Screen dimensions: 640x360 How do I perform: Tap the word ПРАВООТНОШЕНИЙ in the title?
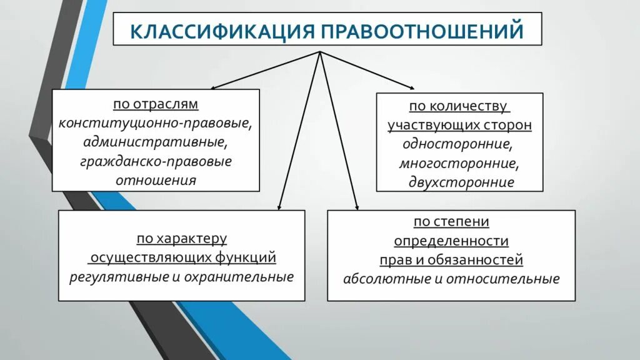pos(428,31)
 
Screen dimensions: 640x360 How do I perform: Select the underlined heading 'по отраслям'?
pos(156,104)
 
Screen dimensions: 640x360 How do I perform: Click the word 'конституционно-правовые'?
pos(156,122)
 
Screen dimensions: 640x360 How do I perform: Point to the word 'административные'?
pos(156,142)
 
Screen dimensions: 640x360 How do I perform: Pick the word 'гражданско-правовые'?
pos(156,161)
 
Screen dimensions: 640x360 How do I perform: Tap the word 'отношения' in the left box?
pos(156,181)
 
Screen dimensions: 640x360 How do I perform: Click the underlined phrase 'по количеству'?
pos(459,106)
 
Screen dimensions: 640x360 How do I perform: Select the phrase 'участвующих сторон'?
pos(459,125)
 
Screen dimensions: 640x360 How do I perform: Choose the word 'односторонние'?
pos(458,144)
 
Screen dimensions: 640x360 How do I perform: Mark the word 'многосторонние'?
pos(459,163)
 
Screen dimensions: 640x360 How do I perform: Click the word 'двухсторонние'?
pos(459,182)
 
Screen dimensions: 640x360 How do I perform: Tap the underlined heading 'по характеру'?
pos(182,239)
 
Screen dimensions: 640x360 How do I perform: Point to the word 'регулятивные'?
pos(119,276)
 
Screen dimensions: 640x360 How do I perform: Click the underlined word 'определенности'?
pos(451,241)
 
